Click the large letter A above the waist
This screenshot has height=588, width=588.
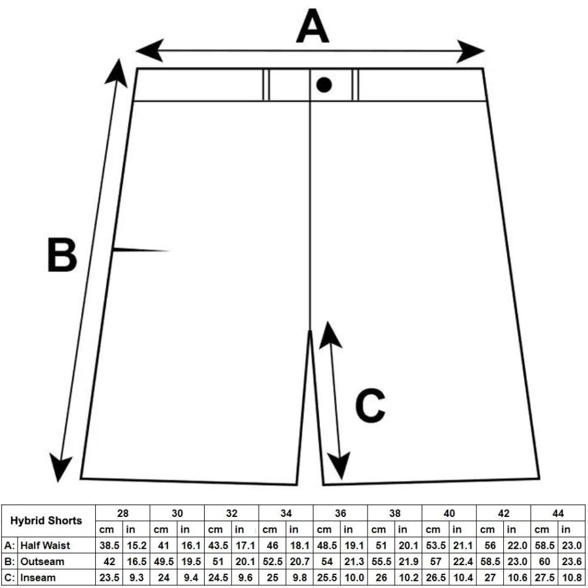click(x=312, y=26)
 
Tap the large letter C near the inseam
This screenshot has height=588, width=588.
click(x=370, y=405)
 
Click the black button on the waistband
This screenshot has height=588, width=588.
click(x=324, y=85)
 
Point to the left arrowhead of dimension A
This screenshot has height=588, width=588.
click(x=149, y=50)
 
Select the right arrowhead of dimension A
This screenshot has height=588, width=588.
click(x=470, y=51)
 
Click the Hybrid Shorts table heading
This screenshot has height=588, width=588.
click(x=46, y=520)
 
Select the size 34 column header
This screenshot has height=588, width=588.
click(x=286, y=513)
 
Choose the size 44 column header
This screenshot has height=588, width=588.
click(x=558, y=513)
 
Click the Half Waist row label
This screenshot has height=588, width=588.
click(x=45, y=545)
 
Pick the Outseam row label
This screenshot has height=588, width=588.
click(x=42, y=562)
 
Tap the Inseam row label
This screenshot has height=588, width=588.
click(x=38, y=577)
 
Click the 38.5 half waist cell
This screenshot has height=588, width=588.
click(x=109, y=545)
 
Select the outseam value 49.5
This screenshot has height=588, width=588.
click(x=163, y=562)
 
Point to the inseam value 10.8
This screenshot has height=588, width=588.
click(x=572, y=577)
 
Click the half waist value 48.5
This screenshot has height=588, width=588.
click(x=327, y=545)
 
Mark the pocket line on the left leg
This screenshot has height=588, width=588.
click(x=141, y=250)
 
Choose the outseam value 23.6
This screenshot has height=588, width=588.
click(x=572, y=562)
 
